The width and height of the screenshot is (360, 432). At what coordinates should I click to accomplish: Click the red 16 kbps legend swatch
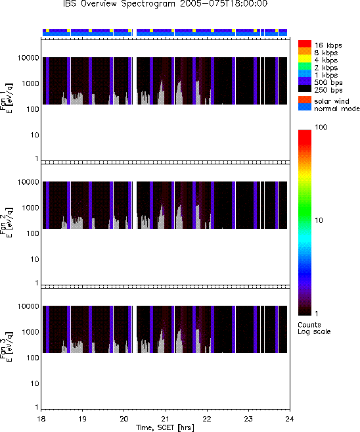[305, 44]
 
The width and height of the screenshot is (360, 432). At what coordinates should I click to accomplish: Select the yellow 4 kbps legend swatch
[305, 59]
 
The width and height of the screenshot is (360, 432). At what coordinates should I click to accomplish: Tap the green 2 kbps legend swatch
[305, 66]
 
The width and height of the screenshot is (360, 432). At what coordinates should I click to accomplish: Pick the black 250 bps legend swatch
[305, 89]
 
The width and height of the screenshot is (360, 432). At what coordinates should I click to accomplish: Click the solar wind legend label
[331, 101]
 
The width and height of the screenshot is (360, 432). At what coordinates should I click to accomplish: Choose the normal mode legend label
[337, 108]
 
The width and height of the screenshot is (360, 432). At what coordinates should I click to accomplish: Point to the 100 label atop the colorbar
[321, 127]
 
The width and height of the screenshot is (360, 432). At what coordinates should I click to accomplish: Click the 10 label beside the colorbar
[319, 220]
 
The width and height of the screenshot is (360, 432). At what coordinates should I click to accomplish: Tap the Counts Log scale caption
[314, 328]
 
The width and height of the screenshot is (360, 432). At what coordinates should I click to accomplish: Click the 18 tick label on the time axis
[41, 419]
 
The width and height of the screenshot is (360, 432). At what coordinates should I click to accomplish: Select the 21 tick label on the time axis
[166, 419]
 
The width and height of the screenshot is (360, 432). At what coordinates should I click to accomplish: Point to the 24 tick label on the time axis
[290, 419]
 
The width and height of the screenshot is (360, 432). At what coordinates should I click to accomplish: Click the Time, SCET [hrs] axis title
[165, 427]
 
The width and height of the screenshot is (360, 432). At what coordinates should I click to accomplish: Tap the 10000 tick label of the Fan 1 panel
[28, 58]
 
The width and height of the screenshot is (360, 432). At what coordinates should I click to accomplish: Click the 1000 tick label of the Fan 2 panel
[30, 208]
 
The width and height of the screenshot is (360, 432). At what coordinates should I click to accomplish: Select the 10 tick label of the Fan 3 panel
[35, 383]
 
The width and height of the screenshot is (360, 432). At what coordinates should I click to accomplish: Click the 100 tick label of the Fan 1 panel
[32, 109]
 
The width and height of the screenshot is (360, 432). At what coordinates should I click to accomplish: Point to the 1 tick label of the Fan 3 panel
[37, 407]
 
